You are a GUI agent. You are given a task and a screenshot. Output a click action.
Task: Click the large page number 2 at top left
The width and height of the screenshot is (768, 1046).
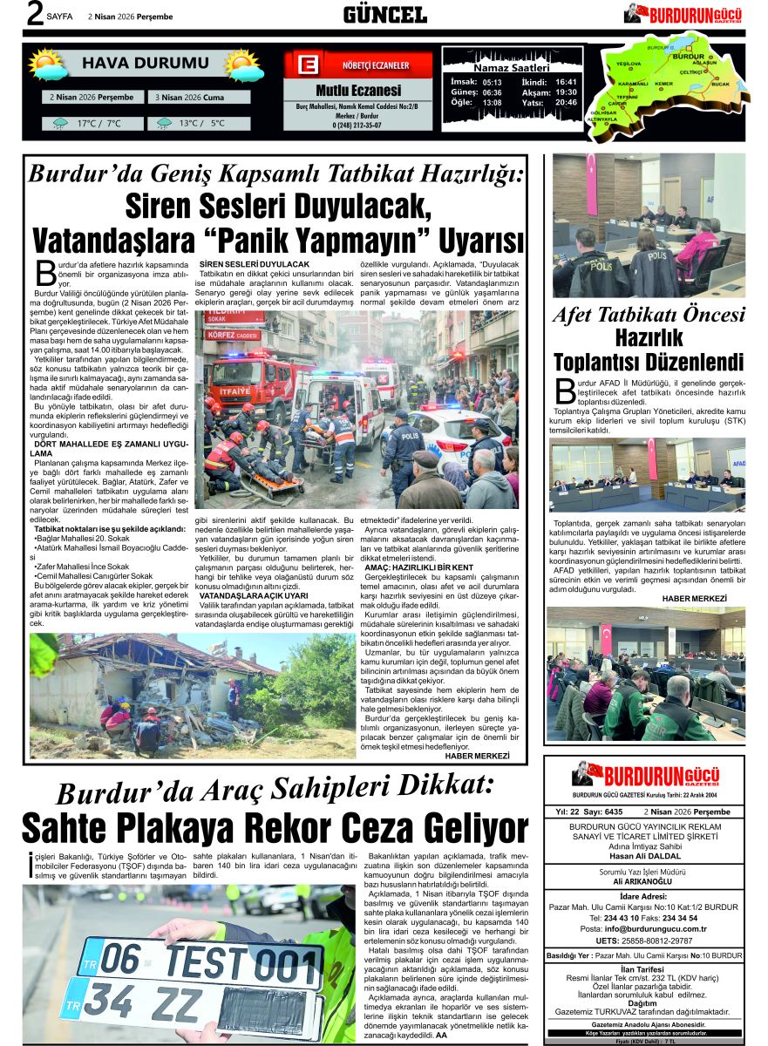(x=35, y=14)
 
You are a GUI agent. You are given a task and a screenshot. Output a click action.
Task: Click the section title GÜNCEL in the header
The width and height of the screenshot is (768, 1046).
(x=384, y=15)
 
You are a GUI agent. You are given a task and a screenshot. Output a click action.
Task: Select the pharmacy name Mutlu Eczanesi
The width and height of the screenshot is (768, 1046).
(x=357, y=91)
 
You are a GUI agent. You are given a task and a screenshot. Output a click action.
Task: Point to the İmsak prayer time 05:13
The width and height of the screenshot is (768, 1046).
(x=492, y=82)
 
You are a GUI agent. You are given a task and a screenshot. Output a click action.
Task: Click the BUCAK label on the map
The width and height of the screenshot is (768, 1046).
(x=720, y=85)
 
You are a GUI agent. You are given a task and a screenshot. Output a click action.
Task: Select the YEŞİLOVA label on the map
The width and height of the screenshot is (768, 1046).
(x=629, y=65)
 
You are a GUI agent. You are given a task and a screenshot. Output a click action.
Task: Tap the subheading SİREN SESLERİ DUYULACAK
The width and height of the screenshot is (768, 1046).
(x=255, y=263)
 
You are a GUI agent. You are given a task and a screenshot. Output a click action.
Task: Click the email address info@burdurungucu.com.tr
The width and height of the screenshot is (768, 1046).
(x=655, y=929)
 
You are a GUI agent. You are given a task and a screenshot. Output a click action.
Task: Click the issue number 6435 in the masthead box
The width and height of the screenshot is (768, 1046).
(x=613, y=812)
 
